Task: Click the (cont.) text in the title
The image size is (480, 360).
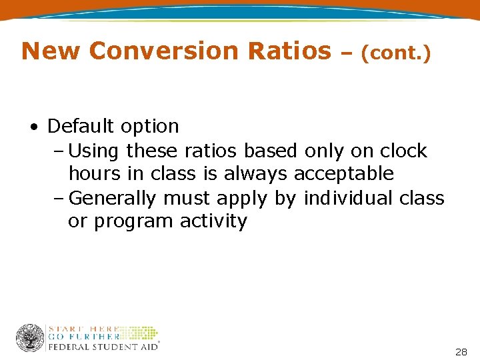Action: (395, 53)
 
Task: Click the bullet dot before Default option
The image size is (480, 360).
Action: (33, 127)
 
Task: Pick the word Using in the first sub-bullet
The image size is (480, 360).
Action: (93, 151)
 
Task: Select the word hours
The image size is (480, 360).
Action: (94, 174)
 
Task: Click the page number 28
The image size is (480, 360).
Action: (461, 351)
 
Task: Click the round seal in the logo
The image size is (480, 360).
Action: (30, 338)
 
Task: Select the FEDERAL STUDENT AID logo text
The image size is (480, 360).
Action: (102, 347)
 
